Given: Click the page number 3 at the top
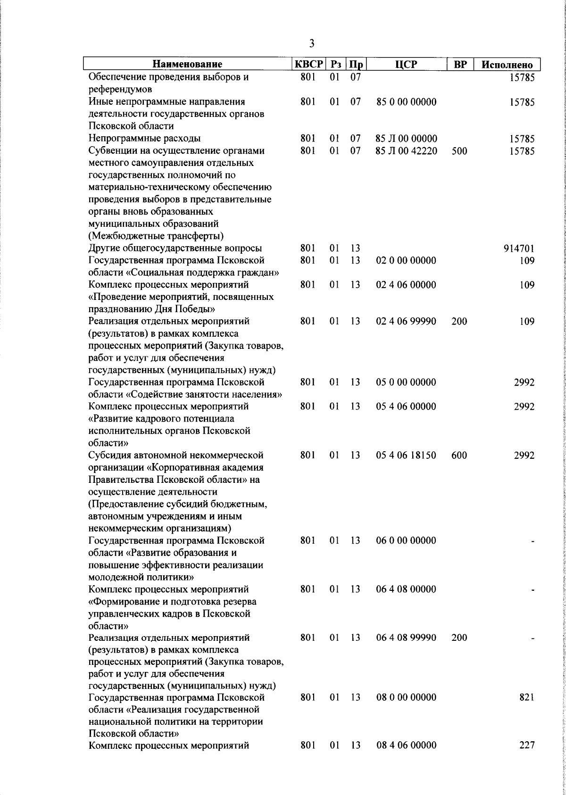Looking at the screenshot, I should tap(311, 44).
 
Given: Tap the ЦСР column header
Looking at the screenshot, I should tap(407, 65).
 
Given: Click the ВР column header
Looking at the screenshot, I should tap(460, 65).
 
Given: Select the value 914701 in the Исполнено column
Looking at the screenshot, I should tap(519, 249).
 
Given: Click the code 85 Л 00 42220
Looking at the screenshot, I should tap(406, 151).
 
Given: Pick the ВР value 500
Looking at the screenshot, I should tap(459, 151).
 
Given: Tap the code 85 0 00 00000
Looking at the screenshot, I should tap(406, 102).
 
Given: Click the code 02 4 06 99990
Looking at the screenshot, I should tap(406, 322).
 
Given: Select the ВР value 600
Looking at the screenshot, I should tap(459, 455).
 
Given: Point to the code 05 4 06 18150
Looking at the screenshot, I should tap(406, 455).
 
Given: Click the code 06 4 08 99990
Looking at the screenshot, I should tap(406, 638).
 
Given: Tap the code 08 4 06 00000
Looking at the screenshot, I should tap(406, 759).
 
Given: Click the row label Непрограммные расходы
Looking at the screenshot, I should tap(144, 138).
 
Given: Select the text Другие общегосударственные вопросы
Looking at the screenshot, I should tap(175, 248).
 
